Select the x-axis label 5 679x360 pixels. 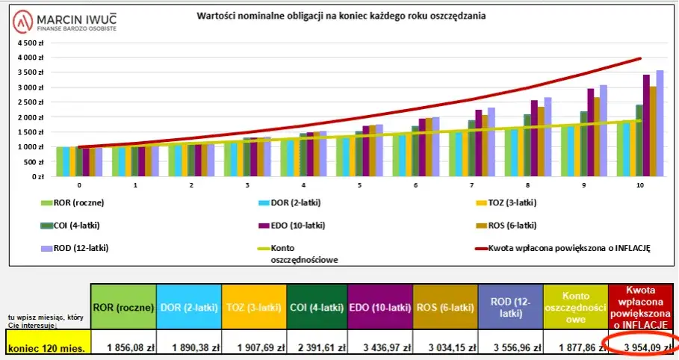pyautogui.click(x=359, y=184)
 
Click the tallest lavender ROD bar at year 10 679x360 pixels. pyautogui.click(x=660, y=123)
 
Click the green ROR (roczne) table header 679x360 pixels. pyautogui.click(x=123, y=307)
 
